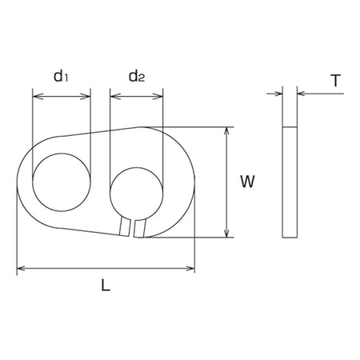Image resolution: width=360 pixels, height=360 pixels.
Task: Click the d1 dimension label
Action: pyautogui.click(x=61, y=76)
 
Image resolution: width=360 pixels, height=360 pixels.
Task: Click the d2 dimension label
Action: pyautogui.click(x=137, y=76)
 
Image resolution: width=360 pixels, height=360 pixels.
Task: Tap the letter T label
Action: pyautogui.click(x=336, y=81)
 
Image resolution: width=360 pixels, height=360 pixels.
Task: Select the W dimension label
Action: pyautogui.click(x=247, y=182)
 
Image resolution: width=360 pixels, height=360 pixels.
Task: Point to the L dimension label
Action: pyautogui.click(x=106, y=285)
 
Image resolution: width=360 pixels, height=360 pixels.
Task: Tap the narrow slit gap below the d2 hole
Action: pyautogui.click(x=132, y=228)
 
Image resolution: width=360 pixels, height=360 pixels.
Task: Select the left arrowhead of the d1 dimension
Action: pyautogui.click(x=38, y=96)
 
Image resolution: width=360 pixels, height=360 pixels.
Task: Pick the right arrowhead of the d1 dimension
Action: pyautogui.click(x=86, y=96)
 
